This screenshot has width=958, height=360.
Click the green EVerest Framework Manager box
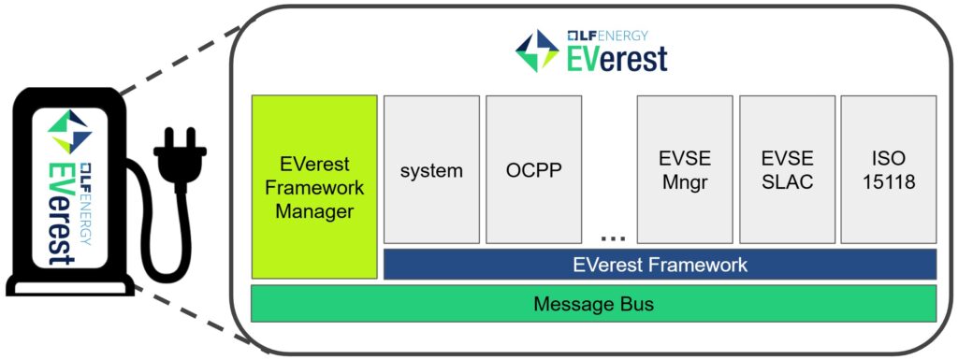[x=314, y=186]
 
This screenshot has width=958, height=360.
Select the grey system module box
[x=431, y=170]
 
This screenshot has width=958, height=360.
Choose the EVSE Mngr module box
[x=684, y=170]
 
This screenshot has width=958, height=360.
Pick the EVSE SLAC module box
[x=787, y=170]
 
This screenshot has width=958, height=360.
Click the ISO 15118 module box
[x=888, y=170]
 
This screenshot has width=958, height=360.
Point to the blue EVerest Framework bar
[x=660, y=265]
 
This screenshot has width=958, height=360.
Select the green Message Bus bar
[x=593, y=304]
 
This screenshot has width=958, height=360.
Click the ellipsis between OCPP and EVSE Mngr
[x=612, y=238]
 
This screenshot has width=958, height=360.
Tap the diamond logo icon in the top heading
[x=537, y=50]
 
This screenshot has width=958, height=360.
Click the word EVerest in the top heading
[x=617, y=59]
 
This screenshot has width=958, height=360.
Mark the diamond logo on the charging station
[x=71, y=132]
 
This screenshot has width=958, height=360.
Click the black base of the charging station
[x=69, y=286]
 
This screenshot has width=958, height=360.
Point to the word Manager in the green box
[x=314, y=212]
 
